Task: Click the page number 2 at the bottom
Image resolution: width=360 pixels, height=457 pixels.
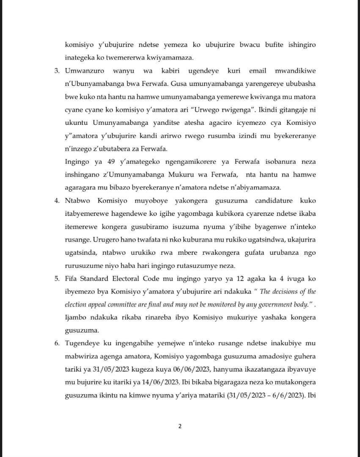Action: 180,426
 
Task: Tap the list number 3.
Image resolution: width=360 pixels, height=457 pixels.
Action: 57,71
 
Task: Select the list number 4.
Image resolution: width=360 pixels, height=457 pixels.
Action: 57,200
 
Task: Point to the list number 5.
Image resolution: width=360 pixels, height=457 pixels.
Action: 57,279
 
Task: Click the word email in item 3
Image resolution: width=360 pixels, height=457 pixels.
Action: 258,71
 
